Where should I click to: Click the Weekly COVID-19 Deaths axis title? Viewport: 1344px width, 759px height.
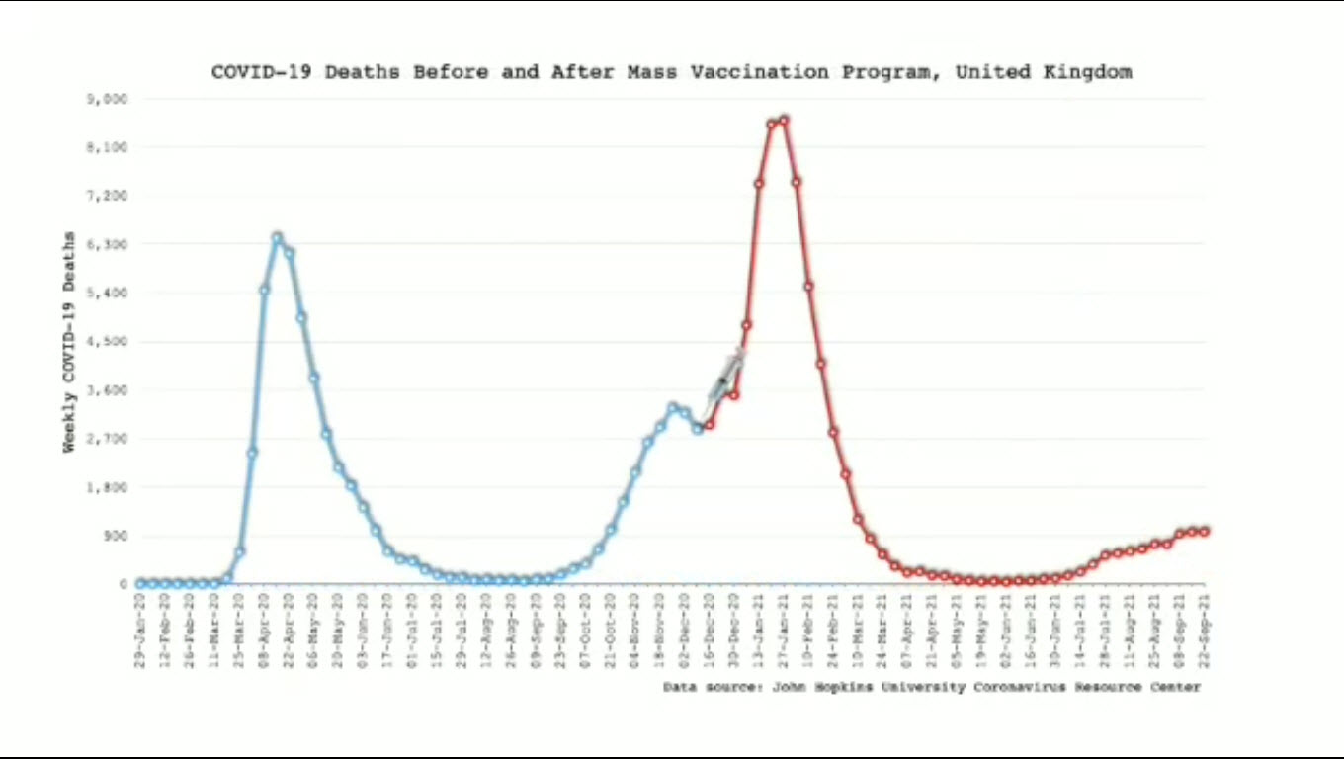point(69,342)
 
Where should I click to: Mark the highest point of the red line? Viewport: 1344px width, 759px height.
point(784,120)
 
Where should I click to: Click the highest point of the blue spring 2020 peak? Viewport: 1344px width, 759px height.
point(277,237)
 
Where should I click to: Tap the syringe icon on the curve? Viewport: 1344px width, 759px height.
point(726,375)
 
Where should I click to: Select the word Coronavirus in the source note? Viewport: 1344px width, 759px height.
point(1019,687)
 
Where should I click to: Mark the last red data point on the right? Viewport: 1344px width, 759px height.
point(1205,532)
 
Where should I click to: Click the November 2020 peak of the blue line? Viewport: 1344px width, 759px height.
point(672,407)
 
